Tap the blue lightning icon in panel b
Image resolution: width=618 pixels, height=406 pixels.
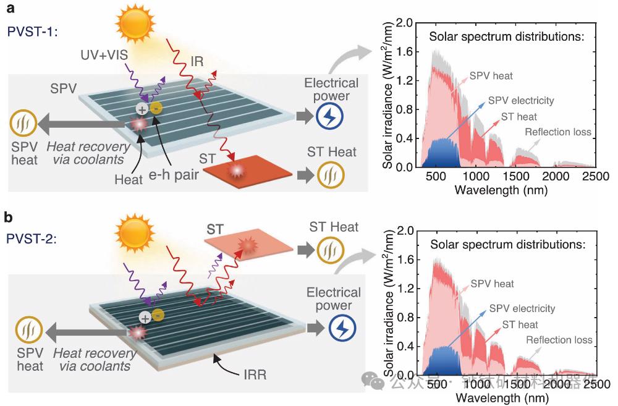coord(342,328)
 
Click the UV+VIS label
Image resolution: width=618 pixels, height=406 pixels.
coord(104,56)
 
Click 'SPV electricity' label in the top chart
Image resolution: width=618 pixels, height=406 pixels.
coord(520,101)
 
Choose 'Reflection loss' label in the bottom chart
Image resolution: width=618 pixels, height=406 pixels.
coord(559,340)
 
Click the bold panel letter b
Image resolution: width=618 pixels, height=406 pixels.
coord(9,217)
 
